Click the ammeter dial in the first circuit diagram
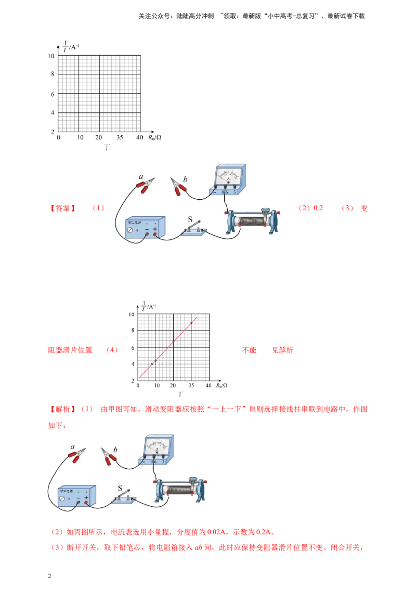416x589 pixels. click(229, 175)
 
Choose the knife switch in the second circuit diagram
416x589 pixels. click(123, 497)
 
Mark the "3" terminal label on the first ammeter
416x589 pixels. click(235, 192)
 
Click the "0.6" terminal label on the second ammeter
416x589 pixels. click(153, 462)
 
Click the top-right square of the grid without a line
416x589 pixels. click(129, 65)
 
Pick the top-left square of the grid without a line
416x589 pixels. click(68, 65)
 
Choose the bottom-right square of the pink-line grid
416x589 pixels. click(200, 373)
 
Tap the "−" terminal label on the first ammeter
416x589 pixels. click(215, 192)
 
